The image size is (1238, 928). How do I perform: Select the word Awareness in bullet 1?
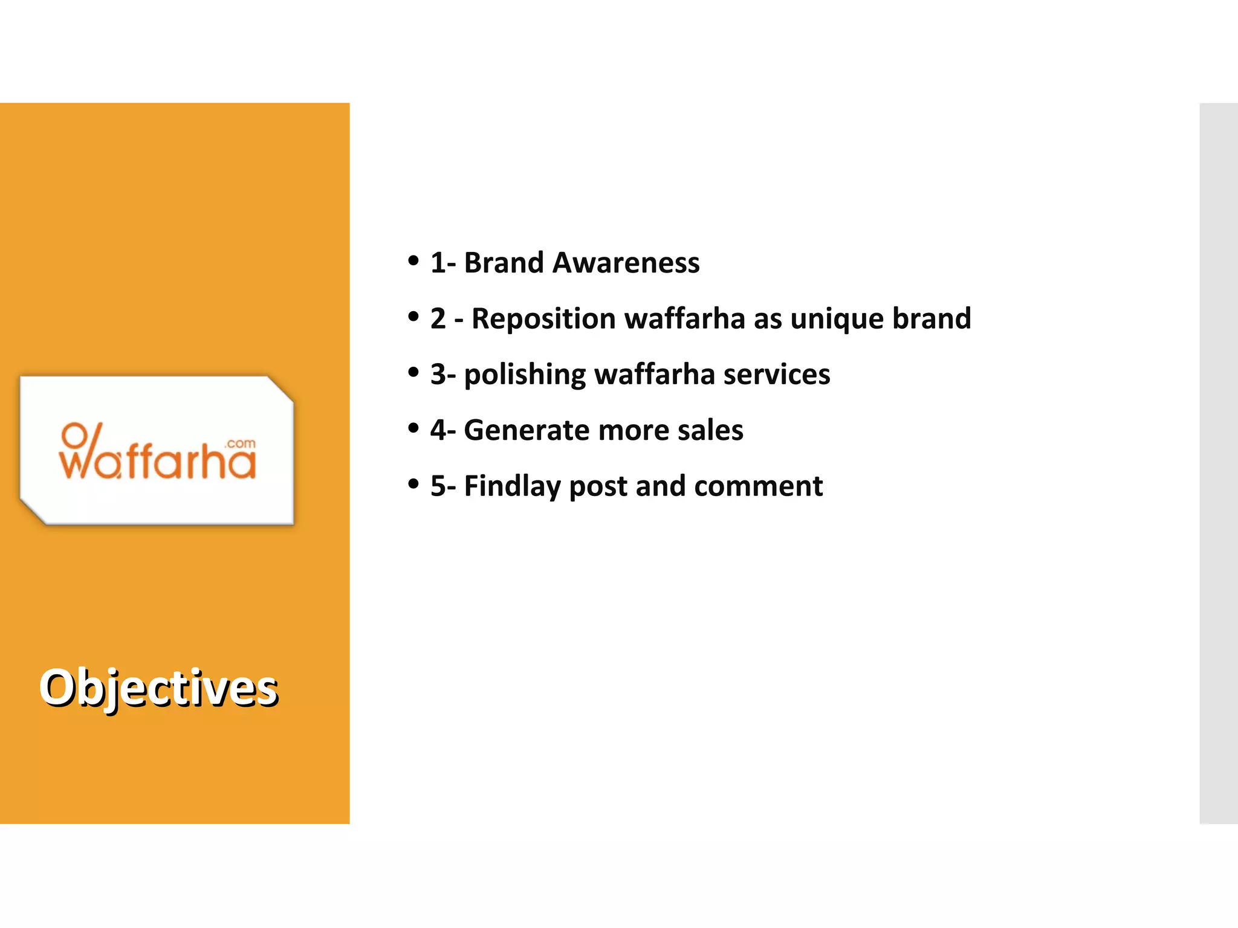626,263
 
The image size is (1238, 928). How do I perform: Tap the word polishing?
525,375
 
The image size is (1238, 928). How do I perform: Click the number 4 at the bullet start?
438,430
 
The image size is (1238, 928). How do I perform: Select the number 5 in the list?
438,486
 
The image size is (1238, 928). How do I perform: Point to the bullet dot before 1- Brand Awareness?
413,261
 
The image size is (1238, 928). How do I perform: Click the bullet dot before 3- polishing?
413,372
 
